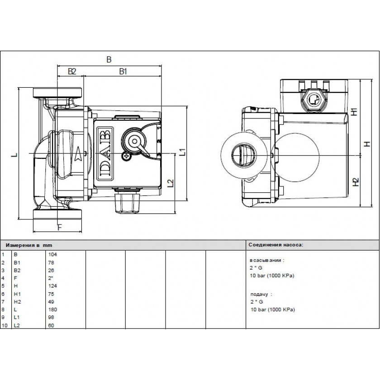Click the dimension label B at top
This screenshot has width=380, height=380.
click(x=109, y=59)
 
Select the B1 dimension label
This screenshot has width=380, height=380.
click(x=123, y=71)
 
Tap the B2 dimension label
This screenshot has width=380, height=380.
click(x=71, y=71)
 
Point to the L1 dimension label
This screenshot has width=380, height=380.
click(x=182, y=152)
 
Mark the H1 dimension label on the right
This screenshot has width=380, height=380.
click(x=355, y=111)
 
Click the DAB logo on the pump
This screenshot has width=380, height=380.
click(x=104, y=152)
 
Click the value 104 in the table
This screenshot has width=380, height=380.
click(x=52, y=254)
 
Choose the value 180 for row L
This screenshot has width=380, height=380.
click(x=52, y=310)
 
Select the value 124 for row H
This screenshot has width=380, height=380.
click(x=52, y=286)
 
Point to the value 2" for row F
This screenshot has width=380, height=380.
click(x=51, y=278)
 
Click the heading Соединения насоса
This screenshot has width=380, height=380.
click(x=275, y=244)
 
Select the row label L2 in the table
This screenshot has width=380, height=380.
click(x=17, y=326)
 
